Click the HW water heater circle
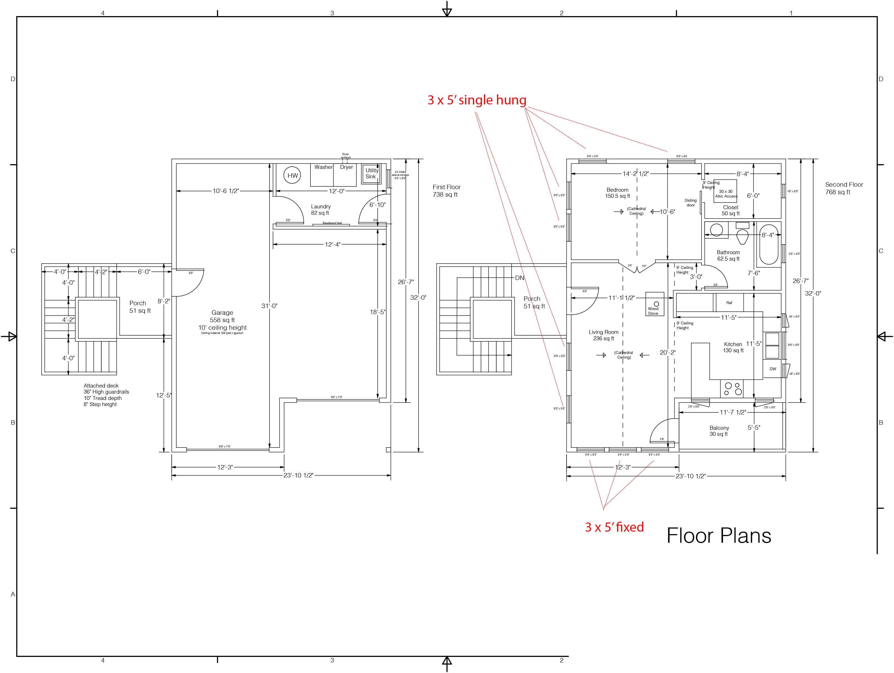coord(292,176)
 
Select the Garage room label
coord(222,312)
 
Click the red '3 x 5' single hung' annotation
coord(477,100)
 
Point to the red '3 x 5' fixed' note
coord(614,527)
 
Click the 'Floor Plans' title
coord(718,536)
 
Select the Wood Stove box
coord(654,304)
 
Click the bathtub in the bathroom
coord(769,244)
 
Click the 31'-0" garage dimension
coord(269,306)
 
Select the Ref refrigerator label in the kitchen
coord(729,303)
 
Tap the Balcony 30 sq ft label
coord(719,431)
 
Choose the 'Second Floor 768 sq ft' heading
coord(844,188)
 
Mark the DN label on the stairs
coord(519,278)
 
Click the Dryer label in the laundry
coord(346,167)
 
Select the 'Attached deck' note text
coord(101,386)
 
